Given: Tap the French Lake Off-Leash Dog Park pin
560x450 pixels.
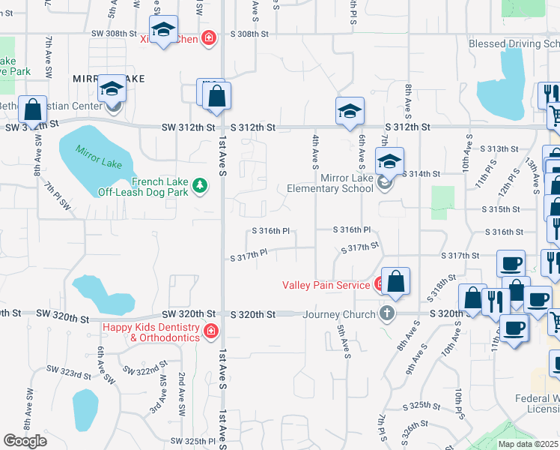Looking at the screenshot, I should pyautogui.click(x=199, y=184).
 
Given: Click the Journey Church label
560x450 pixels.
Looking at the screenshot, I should pyautogui.click(x=338, y=313).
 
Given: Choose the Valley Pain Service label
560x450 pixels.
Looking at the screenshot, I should pyautogui.click(x=326, y=285).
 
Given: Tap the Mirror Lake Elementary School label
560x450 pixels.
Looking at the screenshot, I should pyautogui.click(x=329, y=183).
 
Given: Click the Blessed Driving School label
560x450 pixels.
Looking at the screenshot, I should pyautogui.click(x=514, y=43).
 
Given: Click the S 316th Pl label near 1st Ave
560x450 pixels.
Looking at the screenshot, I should pyautogui.click(x=270, y=232).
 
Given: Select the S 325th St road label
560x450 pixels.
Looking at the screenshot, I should pyautogui.click(x=420, y=406).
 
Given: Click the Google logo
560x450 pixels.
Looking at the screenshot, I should pyautogui.click(x=25, y=441).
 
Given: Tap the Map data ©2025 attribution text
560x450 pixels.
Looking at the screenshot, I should pyautogui.click(x=529, y=444).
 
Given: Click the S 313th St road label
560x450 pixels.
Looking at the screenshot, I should pyautogui.click(x=499, y=149).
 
